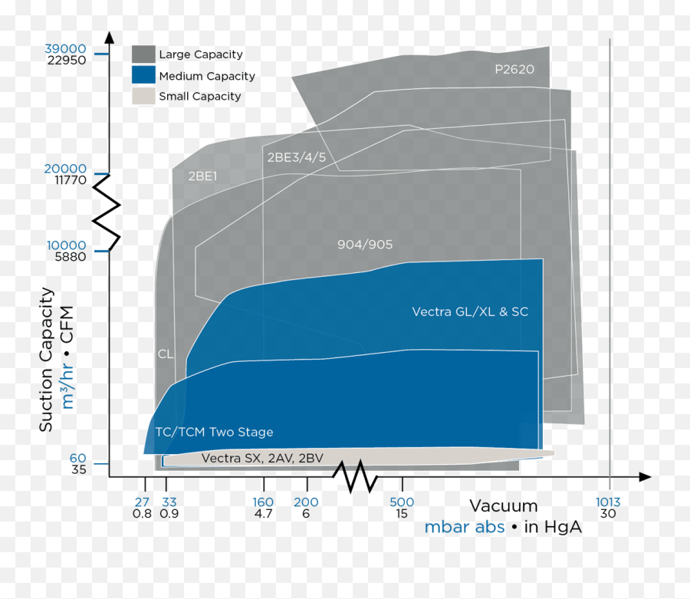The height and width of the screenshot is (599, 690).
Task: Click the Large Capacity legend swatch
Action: [143, 54]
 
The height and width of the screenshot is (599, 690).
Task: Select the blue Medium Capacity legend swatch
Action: [143, 75]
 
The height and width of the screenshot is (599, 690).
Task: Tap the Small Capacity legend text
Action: [199, 97]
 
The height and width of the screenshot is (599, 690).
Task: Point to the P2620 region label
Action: [514, 69]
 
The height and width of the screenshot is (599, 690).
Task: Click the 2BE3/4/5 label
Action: [296, 157]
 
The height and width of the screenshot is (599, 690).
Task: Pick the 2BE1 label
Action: [203, 176]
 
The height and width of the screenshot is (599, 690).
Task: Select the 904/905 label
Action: [365, 245]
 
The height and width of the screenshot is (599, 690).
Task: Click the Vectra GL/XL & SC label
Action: [470, 311]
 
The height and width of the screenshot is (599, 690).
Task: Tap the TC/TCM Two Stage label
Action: [214, 433]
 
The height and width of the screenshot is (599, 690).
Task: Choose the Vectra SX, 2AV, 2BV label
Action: [261, 459]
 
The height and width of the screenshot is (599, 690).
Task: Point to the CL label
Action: [165, 354]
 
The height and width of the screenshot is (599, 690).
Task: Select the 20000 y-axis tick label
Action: [67, 169]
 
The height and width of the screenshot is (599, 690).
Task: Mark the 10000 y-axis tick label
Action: [67, 245]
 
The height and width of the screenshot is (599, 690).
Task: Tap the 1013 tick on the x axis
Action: [608, 502]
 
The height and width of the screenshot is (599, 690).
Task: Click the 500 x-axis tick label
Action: [402, 502]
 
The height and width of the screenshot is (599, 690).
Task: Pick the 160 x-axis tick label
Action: [263, 502]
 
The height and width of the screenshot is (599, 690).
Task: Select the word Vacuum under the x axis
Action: [504, 506]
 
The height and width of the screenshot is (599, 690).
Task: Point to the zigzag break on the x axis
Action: [354, 477]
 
